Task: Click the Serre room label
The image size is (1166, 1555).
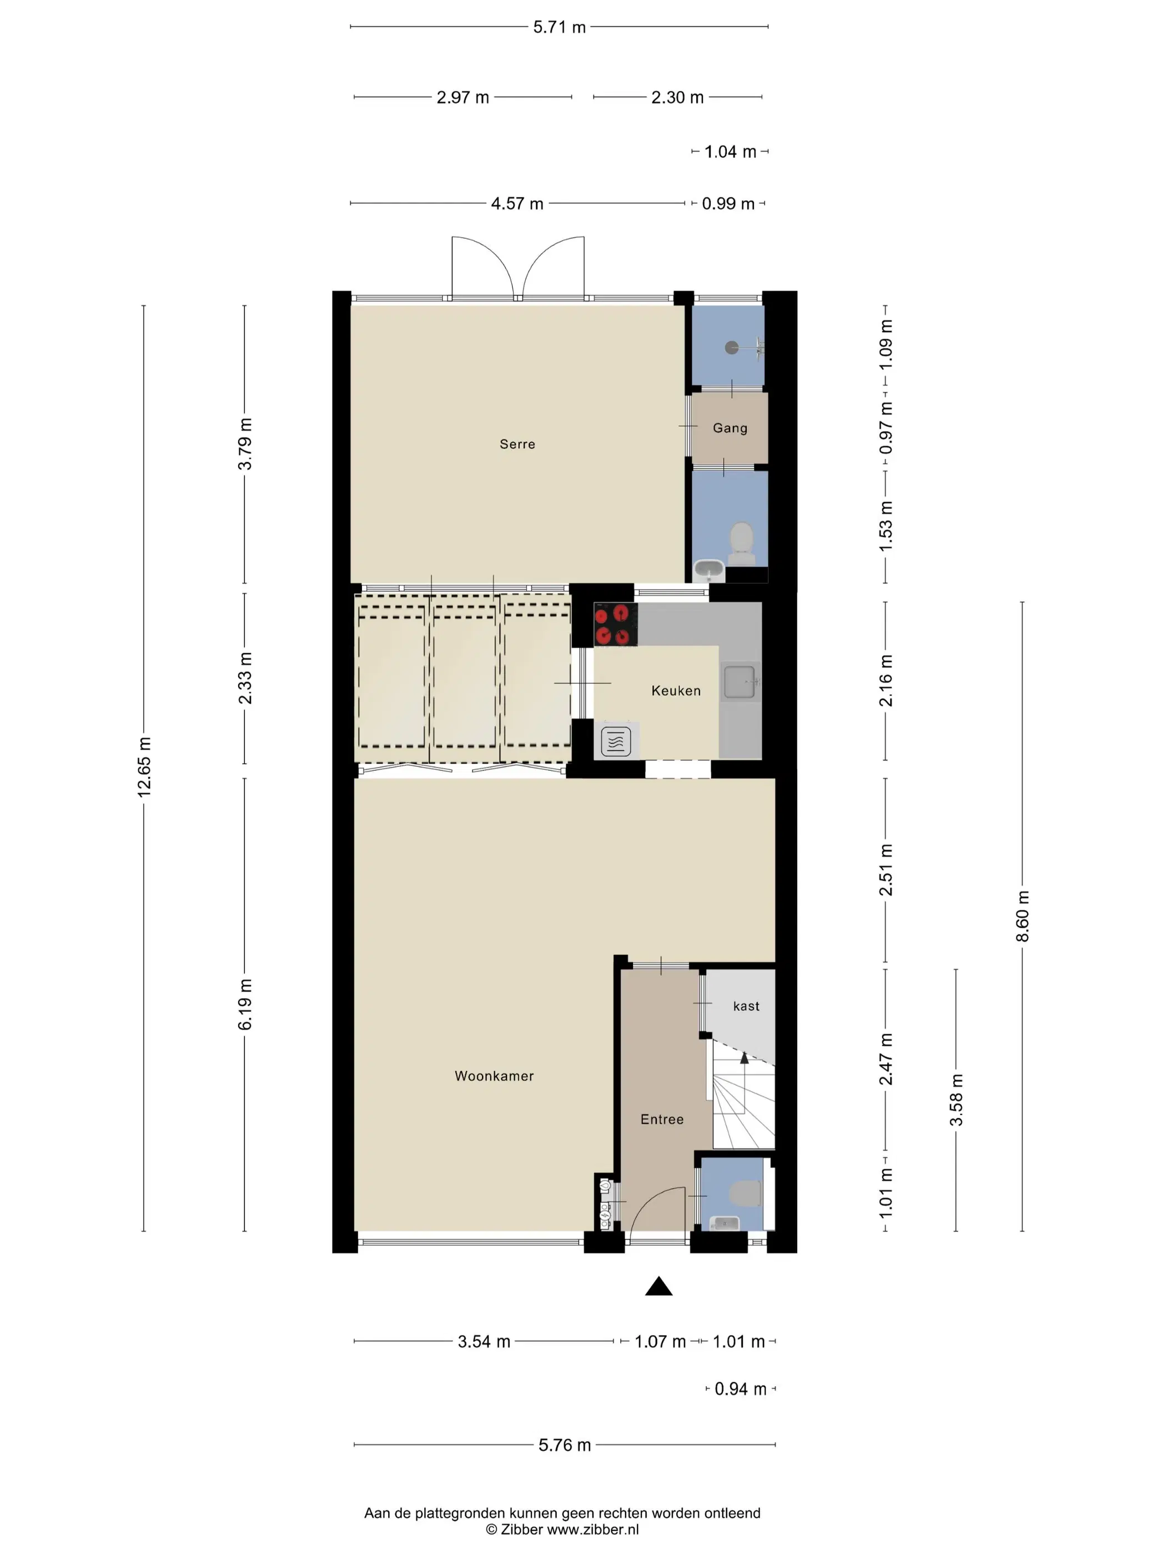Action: coord(517,444)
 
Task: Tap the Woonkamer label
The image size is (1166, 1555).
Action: coord(494,1076)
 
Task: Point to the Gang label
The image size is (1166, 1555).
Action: coord(730,428)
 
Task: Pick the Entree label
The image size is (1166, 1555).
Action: coord(662,1119)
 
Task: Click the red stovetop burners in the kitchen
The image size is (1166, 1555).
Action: coord(616,624)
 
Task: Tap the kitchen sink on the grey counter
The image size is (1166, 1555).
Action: coord(740,682)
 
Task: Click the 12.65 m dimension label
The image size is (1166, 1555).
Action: coord(143,767)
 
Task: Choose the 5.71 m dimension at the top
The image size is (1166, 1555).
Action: coord(560,27)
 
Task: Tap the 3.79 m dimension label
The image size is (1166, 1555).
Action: coord(245,444)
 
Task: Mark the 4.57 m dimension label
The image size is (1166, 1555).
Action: coord(517,204)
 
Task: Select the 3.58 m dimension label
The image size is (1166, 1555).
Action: coord(956,1100)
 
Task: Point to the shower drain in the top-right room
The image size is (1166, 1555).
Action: coord(732,347)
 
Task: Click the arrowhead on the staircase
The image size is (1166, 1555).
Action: coord(745,1058)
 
